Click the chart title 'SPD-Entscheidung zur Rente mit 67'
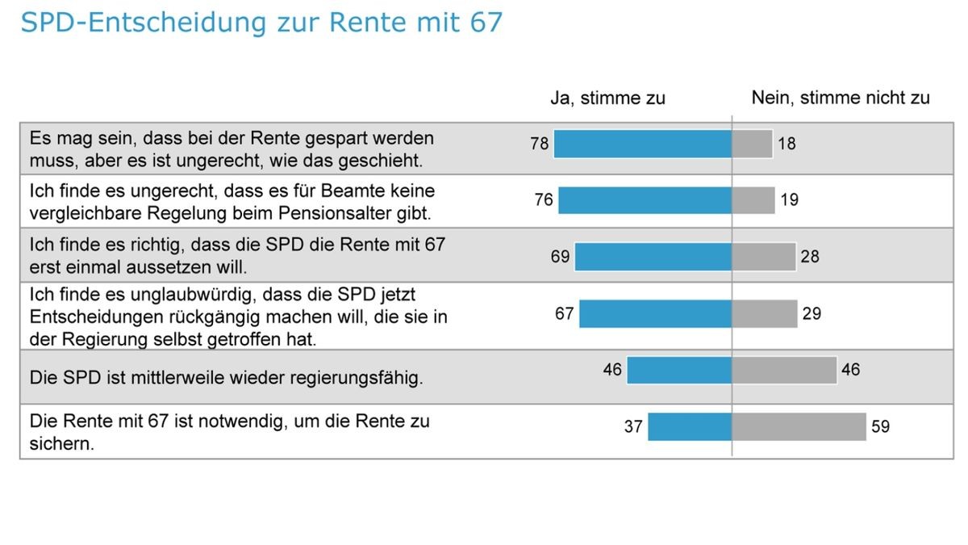tap(261, 23)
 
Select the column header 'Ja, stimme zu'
tap(607, 99)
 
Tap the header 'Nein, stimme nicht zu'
tap(841, 98)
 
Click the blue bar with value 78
tap(642, 144)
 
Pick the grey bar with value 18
tap(752, 144)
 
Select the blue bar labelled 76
tap(645, 199)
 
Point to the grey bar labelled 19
tap(753, 199)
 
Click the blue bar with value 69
tap(653, 257)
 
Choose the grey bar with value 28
tap(763, 257)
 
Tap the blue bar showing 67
tap(655, 313)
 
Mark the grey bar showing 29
tap(764, 313)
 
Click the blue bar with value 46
tap(679, 370)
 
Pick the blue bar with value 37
tap(690, 426)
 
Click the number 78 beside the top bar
tap(540, 144)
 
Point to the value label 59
tap(880, 426)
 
